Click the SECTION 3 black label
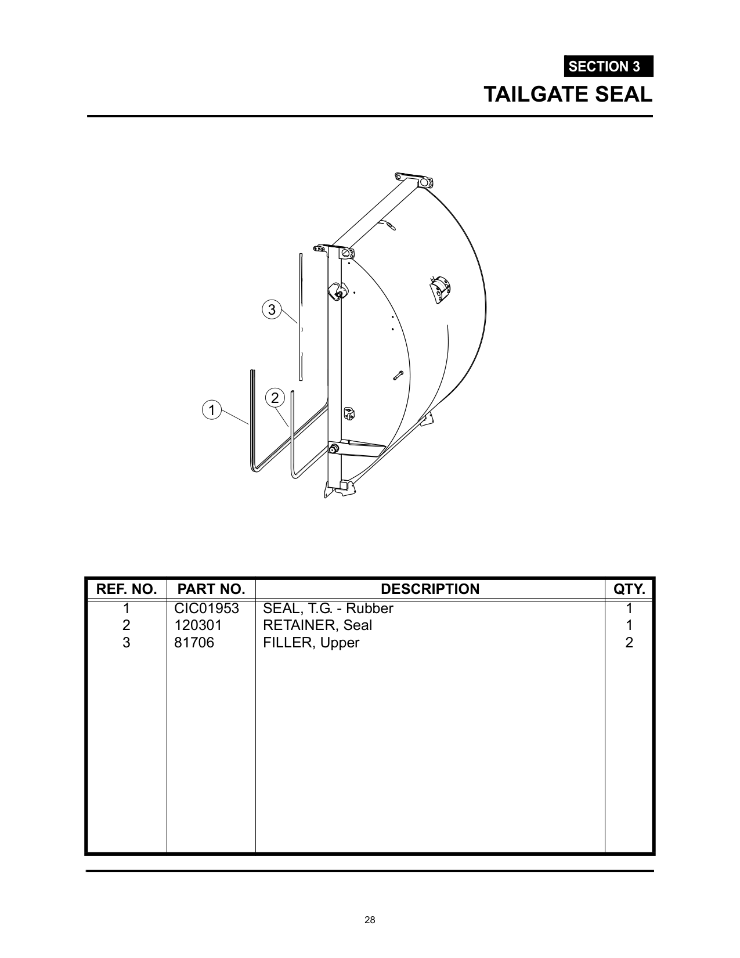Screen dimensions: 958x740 click(x=608, y=67)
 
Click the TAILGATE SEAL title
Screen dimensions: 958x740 click(x=568, y=94)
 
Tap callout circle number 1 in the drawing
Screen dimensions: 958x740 click(x=212, y=410)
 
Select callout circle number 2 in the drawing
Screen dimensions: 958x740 click(x=275, y=398)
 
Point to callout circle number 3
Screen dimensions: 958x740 click(x=272, y=309)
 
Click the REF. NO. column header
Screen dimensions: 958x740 click(x=127, y=589)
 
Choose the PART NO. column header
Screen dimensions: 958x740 click(x=211, y=589)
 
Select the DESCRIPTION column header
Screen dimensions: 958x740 click(x=430, y=589)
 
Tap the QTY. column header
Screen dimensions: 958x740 click(x=629, y=589)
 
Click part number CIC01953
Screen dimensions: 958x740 click(x=207, y=608)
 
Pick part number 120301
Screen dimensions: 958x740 click(x=198, y=625)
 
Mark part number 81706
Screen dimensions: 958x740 click(x=194, y=643)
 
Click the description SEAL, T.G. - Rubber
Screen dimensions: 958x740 click(x=328, y=608)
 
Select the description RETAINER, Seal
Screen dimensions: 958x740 click(x=317, y=625)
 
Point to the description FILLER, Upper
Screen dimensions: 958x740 click(x=311, y=643)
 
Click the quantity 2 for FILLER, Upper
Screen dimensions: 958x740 click(x=629, y=643)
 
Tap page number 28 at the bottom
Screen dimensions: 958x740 click(x=370, y=920)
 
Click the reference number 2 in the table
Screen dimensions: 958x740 click(x=126, y=625)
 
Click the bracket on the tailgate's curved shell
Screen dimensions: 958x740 click(x=441, y=289)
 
